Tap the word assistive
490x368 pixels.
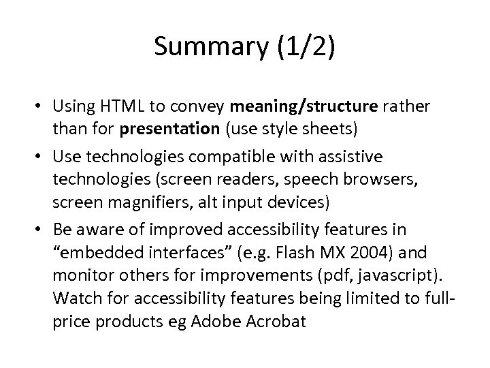click(354, 157)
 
